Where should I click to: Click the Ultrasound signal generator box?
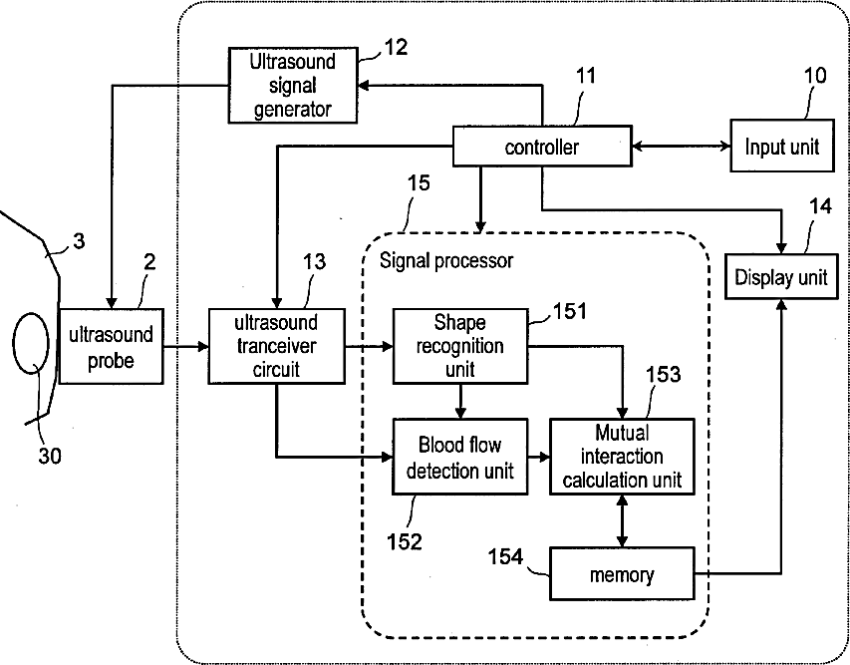[293, 86]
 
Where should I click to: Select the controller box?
[542, 146]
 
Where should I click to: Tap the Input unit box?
[781, 146]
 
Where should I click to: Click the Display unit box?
[781, 276]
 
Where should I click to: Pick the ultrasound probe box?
[111, 347]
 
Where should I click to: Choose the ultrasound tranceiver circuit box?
[276, 347]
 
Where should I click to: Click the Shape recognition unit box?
[459, 347]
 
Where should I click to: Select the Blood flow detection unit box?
[459, 457]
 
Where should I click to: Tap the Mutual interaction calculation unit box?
[622, 457]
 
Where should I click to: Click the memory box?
[622, 574]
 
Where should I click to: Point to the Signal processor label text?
[446, 261]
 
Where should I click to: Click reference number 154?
[505, 557]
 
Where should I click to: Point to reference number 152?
[405, 541]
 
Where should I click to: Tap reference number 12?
[396, 48]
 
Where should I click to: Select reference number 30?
[50, 456]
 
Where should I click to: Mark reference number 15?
[419, 183]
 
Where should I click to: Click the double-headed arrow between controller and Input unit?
[681, 146]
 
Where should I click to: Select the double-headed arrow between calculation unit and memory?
[622, 520]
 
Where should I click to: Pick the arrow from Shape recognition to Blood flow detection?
[459, 402]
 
